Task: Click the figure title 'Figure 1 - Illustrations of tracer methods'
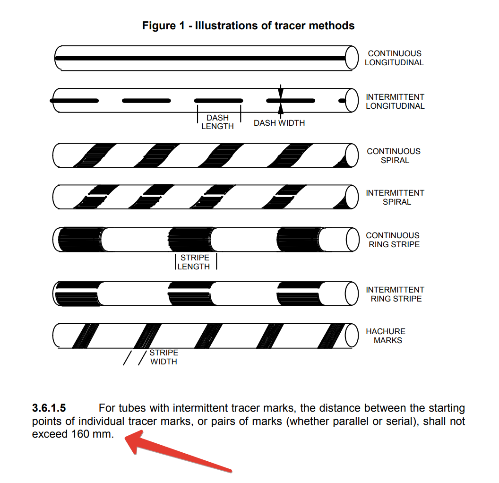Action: point(248,26)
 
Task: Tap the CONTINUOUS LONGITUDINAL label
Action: point(394,58)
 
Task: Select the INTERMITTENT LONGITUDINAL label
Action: point(395,102)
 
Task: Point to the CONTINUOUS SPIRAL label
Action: point(394,156)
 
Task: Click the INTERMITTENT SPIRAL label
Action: point(395,198)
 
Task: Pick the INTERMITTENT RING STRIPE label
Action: point(395,294)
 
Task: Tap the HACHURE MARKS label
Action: point(386,336)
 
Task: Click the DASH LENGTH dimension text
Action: point(217,122)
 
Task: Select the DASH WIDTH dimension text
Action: point(279,123)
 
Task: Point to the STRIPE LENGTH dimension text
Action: point(194,262)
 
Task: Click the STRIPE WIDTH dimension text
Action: point(163,357)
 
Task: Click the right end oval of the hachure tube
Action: point(352,335)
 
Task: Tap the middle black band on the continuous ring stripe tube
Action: point(189,240)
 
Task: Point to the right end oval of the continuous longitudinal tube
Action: point(352,58)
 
